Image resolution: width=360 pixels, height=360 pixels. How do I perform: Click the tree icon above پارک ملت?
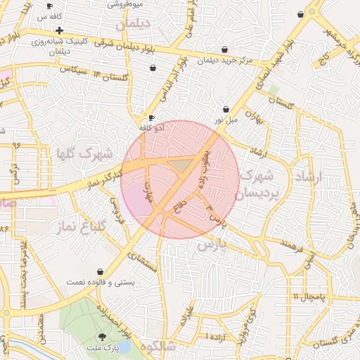pyautogui.click(x=112, y=338)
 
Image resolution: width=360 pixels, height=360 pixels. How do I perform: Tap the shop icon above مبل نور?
pyautogui.click(x=226, y=110)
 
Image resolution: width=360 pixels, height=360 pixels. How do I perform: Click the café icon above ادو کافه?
pyautogui.click(x=150, y=117)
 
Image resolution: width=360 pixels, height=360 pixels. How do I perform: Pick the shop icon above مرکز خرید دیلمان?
pyautogui.click(x=224, y=49)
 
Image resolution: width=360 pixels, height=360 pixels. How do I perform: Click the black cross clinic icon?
pyautogui.click(x=60, y=30)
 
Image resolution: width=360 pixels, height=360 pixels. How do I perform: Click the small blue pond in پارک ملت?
pyautogui.click(x=124, y=347)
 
